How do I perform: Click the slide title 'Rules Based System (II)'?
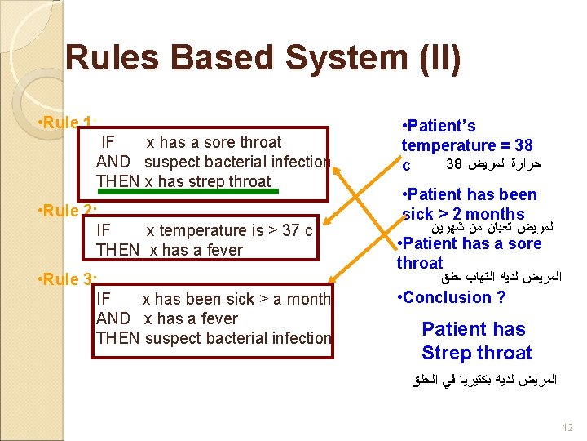tap(263, 59)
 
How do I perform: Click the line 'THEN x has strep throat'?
tap(183, 181)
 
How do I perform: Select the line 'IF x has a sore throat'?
tap(189, 142)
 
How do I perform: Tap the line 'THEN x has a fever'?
tap(170, 250)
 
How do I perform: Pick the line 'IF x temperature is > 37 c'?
tap(204, 230)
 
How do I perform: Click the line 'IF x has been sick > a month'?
tap(213, 299)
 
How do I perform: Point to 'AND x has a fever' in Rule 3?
tap(167, 318)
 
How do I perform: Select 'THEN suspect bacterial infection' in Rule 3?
tap(214, 338)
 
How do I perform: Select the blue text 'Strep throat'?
tap(476, 353)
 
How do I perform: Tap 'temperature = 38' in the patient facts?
tap(467, 145)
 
